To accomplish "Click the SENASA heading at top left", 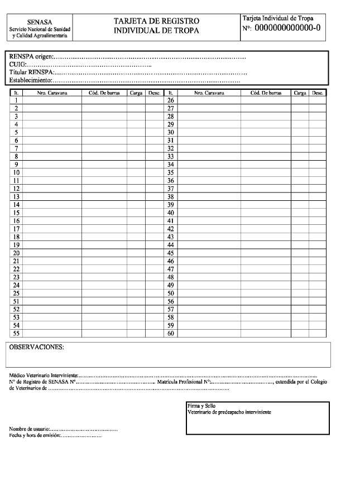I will pos(40,22).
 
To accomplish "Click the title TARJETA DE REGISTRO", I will pos(156,21).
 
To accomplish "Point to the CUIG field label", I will pos(18,65).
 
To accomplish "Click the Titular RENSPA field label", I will pos(31,73).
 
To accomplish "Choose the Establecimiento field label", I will pos(30,81).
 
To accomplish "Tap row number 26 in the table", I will pos(171,100).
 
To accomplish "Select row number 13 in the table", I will pos(17,197).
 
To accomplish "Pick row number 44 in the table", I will pos(171,245).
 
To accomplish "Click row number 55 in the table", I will pos(17,333).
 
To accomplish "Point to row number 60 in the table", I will pos(171,333).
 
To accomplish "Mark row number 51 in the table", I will pos(17,301).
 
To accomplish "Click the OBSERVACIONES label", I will pos(37,348).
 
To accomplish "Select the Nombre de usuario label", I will pos(30,428).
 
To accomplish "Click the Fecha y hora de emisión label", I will pos(34,435).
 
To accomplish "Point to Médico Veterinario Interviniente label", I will pos(44,375).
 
